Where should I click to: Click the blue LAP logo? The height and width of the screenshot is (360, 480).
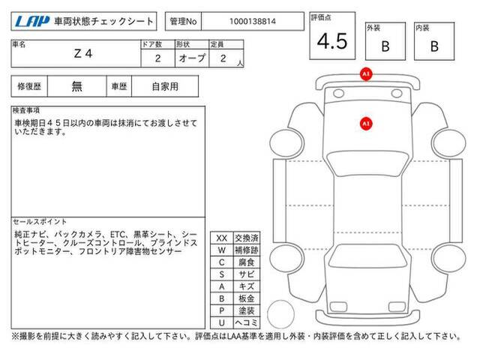point(32,22)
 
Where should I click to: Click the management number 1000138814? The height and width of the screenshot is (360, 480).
point(253,22)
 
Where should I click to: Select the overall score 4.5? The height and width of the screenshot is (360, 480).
point(332,41)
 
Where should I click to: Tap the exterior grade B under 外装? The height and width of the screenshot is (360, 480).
point(385,46)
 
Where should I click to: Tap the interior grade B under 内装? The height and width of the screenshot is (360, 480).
point(434,46)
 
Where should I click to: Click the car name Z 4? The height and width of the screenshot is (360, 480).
point(83,54)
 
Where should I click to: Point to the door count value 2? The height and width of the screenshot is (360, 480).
point(157,58)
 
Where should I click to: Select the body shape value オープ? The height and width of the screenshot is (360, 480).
point(192,58)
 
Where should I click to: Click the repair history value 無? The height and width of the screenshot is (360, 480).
point(76,87)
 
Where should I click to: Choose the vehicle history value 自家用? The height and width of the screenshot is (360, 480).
point(165,87)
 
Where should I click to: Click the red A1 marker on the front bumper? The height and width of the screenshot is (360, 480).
point(366,74)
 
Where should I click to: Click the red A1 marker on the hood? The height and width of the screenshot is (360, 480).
point(366,124)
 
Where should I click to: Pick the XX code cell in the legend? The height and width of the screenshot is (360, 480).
point(222,238)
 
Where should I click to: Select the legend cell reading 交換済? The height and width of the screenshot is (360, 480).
point(247,238)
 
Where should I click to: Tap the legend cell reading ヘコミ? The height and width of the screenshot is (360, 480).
point(247,322)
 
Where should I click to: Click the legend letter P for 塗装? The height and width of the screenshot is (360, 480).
point(222,310)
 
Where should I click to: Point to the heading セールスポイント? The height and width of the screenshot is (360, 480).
point(40,222)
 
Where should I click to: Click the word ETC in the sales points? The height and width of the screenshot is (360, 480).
point(118,235)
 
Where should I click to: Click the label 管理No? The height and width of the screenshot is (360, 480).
point(183,22)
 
